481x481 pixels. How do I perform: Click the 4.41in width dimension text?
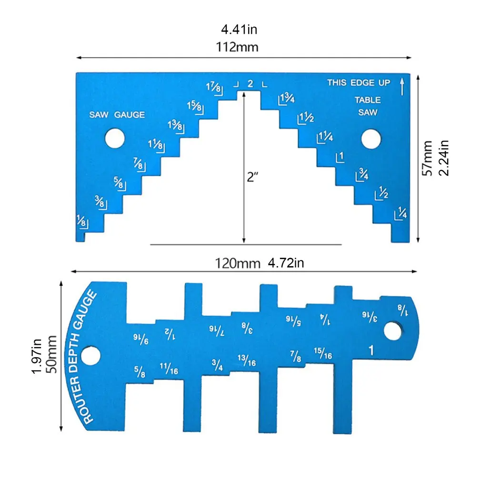(x=239, y=30)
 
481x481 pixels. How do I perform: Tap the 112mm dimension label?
(x=237, y=47)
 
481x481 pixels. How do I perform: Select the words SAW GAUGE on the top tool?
(x=117, y=115)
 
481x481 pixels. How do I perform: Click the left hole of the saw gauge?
(x=115, y=138)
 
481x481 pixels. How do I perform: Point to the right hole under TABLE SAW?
(x=371, y=139)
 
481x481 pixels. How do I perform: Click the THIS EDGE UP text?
(x=359, y=82)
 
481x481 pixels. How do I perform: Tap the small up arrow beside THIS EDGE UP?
(x=402, y=86)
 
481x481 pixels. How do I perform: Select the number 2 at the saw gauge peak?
(x=251, y=83)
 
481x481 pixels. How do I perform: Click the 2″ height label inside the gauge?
(x=252, y=177)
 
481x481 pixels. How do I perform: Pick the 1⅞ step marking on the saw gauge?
(x=214, y=88)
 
